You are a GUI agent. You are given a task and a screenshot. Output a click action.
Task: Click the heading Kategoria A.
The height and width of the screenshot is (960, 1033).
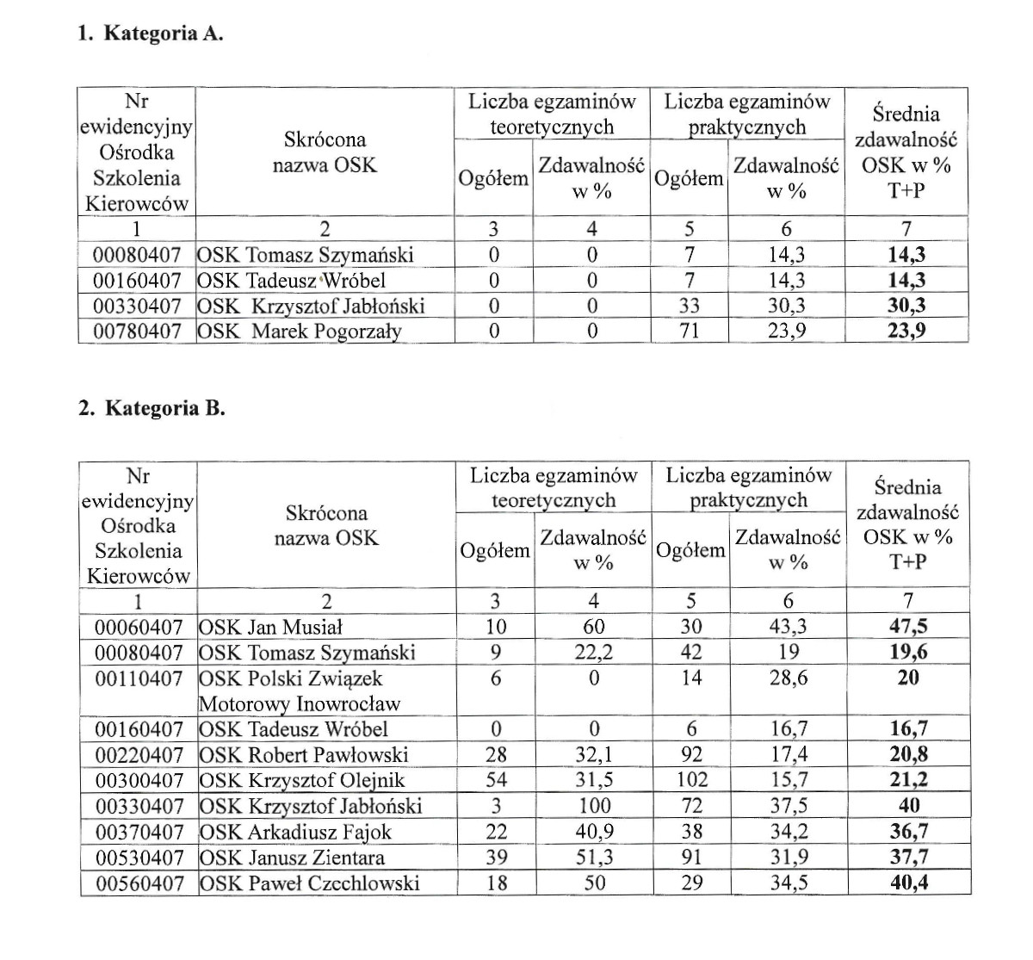point(151,34)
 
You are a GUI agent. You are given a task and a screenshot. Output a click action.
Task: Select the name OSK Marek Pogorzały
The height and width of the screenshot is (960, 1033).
point(300,331)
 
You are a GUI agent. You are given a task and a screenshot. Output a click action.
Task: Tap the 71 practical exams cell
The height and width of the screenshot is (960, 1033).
point(689,331)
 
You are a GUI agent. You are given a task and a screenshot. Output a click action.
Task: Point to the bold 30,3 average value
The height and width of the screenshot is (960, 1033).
point(906,306)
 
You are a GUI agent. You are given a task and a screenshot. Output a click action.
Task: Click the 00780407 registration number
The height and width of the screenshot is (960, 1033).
point(137,331)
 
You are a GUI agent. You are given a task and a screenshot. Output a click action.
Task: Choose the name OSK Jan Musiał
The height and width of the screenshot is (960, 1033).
point(271,627)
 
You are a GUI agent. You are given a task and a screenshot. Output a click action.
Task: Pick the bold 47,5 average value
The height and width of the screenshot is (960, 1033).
point(908,627)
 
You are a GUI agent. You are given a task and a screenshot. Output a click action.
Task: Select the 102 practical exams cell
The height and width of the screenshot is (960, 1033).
point(691,781)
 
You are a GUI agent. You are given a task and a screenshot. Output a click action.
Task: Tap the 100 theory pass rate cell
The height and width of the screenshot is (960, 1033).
point(594,807)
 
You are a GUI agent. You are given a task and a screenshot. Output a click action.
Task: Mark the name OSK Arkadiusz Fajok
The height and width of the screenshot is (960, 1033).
point(295,833)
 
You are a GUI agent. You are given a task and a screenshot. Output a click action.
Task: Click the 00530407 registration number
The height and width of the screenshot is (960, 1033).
point(139,858)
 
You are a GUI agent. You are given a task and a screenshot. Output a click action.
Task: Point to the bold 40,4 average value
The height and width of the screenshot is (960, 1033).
point(908,883)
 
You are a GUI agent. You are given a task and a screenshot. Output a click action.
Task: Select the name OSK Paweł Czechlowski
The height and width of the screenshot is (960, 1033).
point(310,883)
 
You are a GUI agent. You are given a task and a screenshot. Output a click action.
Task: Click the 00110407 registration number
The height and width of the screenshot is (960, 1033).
point(139,678)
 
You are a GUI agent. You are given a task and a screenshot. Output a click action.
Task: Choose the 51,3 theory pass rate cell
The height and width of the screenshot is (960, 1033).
point(594,858)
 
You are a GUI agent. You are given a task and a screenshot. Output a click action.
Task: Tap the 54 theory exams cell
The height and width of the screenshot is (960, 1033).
point(496,781)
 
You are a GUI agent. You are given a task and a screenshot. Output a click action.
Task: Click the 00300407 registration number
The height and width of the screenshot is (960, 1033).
point(139,781)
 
